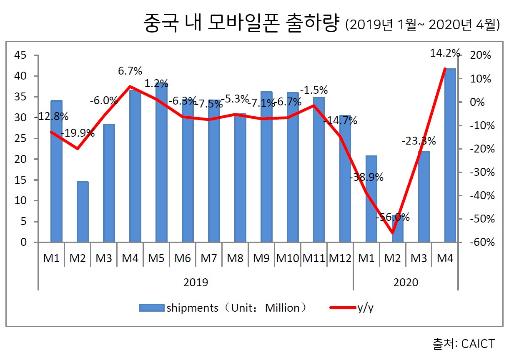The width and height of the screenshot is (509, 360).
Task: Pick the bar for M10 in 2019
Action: point(293,167)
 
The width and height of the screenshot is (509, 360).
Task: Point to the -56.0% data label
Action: point(392,217)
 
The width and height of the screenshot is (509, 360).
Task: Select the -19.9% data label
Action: point(78,134)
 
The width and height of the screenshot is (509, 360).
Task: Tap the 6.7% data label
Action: point(130,71)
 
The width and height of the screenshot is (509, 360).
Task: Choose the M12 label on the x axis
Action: point(339,258)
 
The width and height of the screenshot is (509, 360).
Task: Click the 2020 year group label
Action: point(406,282)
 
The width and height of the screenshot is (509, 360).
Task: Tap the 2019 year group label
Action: point(196,282)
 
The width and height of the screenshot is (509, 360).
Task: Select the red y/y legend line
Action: point(342,308)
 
